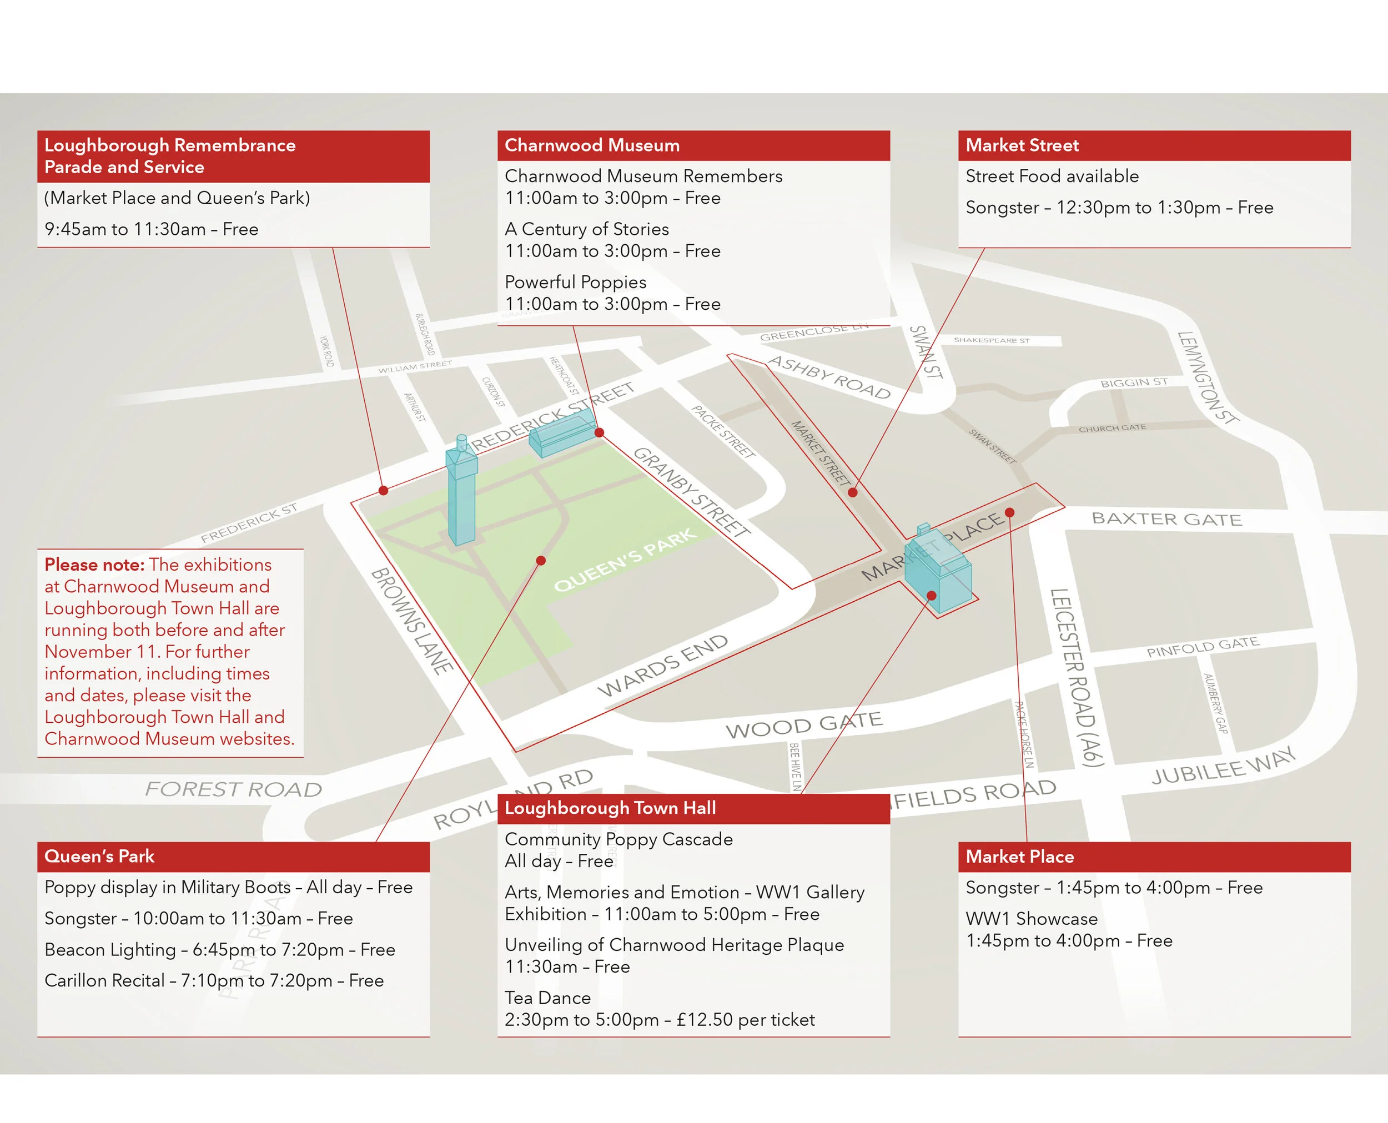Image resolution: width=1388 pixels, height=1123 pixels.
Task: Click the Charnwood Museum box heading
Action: (x=592, y=145)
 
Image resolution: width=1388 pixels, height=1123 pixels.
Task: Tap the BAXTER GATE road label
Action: (x=1166, y=519)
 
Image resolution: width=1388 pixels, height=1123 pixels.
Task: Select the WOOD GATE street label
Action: (x=804, y=725)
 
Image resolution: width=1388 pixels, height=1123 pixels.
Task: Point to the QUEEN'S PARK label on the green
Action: (x=625, y=560)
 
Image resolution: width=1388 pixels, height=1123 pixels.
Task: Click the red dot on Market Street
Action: (x=853, y=492)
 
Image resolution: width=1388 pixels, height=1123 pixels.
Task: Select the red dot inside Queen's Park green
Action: (x=541, y=560)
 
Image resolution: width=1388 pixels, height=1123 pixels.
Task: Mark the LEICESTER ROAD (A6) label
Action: (x=1076, y=677)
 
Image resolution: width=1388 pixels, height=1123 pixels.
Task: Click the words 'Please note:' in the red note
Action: (x=94, y=565)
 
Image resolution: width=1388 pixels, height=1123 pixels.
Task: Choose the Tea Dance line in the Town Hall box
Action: (x=547, y=998)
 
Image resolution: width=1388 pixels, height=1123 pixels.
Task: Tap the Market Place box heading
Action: (x=1019, y=857)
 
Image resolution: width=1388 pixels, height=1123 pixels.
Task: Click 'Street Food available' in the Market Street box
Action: (x=1052, y=176)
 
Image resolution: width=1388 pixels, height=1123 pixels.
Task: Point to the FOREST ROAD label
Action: (x=233, y=789)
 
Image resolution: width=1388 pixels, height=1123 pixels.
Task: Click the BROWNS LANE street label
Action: (x=411, y=621)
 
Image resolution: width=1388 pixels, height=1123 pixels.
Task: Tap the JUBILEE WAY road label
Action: (x=1223, y=766)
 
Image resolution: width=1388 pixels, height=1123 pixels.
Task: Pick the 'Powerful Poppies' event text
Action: (x=575, y=282)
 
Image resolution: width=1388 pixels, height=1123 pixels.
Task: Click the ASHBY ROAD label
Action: (x=829, y=377)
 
